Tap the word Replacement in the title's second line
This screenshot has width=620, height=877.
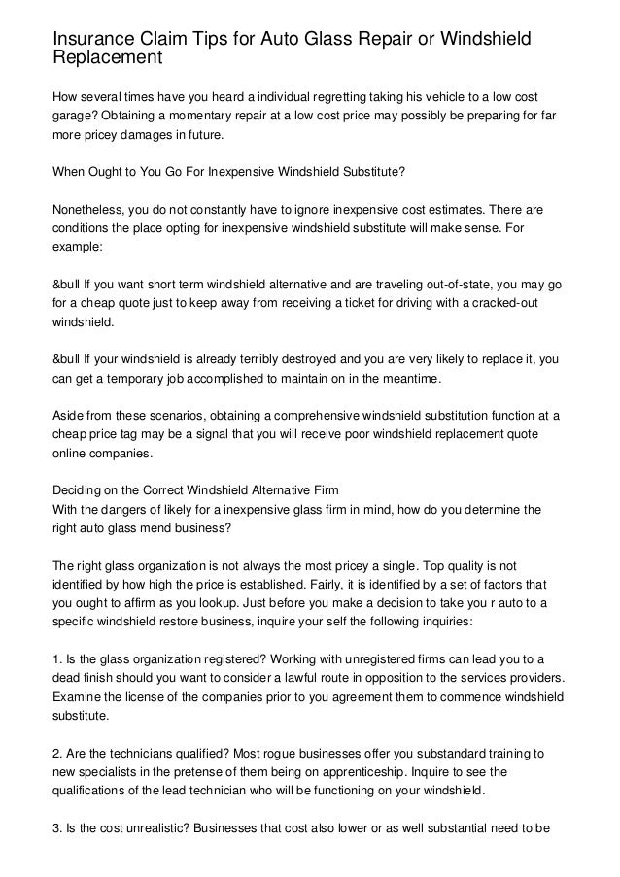pos(107,58)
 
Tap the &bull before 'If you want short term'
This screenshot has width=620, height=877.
pos(68,285)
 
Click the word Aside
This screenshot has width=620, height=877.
pos(69,416)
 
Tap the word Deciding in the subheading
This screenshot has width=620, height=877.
pos(77,490)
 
